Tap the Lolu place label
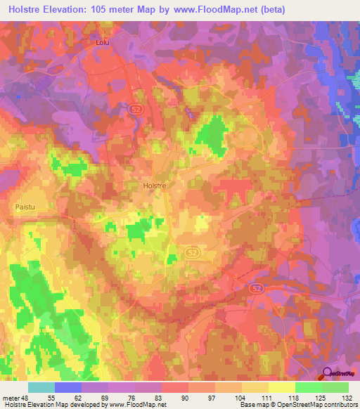click(x=103, y=43)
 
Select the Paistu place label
click(x=24, y=207)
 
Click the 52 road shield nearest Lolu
click(x=134, y=110)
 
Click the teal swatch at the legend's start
click(x=41, y=387)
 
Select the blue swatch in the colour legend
click(x=68, y=387)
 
